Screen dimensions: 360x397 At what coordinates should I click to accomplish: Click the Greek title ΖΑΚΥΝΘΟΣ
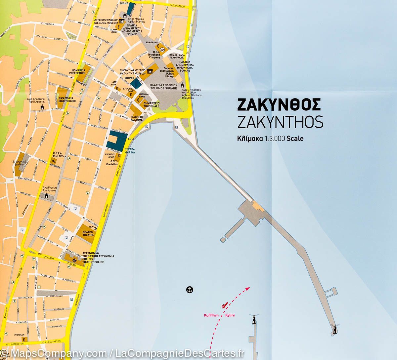(x=279, y=105)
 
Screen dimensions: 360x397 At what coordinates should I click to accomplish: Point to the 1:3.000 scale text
(x=270, y=139)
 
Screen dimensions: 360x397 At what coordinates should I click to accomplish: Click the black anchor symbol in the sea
(x=190, y=290)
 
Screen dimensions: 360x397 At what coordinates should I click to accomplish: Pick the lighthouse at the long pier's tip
(x=335, y=330)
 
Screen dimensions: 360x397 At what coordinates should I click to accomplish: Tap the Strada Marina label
(x=129, y=151)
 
